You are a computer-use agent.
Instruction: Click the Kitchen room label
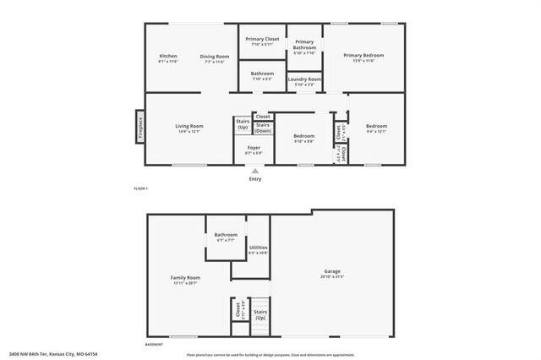coord(168,57)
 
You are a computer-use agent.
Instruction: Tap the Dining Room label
coord(215,57)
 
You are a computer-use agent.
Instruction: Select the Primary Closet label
coord(262,39)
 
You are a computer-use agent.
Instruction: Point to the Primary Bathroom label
coord(304,45)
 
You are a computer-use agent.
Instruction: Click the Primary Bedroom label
coord(363,56)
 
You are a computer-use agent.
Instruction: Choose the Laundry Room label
coord(304,79)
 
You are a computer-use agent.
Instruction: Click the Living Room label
coord(189,126)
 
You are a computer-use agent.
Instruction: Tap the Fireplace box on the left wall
coord(139,127)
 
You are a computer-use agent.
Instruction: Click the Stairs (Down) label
coord(263,128)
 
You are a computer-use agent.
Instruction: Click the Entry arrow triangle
coord(254,170)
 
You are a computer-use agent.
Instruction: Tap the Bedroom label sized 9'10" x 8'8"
coord(303,136)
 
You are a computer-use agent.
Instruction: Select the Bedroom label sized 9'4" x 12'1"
coord(376,126)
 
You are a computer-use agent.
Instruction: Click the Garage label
coord(331,271)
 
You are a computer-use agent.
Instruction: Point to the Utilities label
coord(258,248)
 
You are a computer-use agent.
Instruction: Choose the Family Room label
coord(188,278)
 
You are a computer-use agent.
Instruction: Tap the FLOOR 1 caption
coord(140,188)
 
